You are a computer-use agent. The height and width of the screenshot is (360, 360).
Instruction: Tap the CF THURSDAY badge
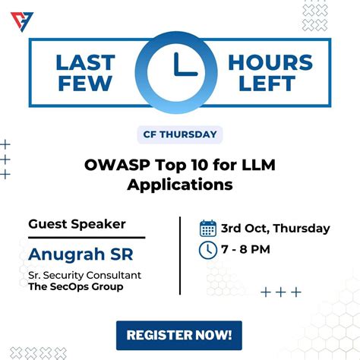pos(180,135)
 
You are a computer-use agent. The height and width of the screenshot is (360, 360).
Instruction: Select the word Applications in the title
pos(180,185)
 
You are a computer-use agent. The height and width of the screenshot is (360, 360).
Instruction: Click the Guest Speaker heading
pos(77,224)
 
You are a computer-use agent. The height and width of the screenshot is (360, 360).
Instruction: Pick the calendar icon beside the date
pos(207,228)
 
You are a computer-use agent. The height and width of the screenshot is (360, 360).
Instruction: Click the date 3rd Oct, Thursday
pos(275,228)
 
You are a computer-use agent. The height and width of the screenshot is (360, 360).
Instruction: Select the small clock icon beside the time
pos(207,249)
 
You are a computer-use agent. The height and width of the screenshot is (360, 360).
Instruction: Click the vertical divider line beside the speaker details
pos(180,254)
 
